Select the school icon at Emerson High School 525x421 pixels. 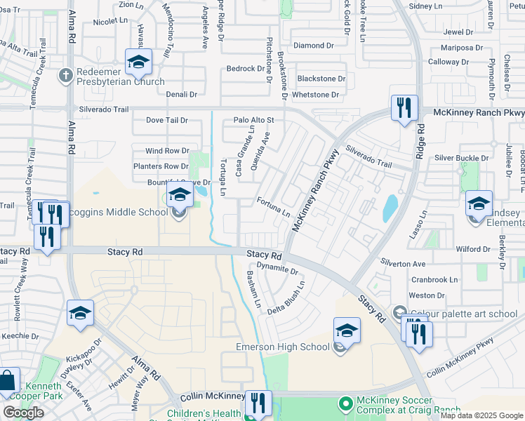[347, 330]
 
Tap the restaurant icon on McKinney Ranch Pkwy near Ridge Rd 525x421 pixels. [404, 107]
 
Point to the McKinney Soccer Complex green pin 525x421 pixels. [345, 403]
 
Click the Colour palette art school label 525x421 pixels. [463, 313]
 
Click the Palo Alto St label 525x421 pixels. [253, 120]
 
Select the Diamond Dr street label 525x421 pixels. [309, 46]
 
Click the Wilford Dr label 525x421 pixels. [472, 249]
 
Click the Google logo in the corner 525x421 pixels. [22, 413]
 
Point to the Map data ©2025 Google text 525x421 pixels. [481, 415]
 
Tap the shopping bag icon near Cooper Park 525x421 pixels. [7, 382]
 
